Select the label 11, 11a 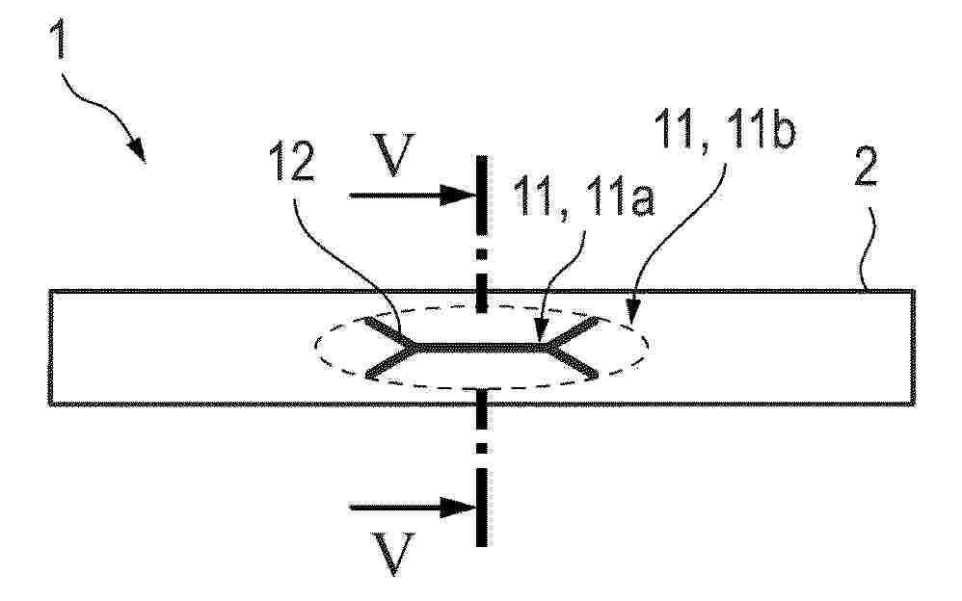tap(584, 196)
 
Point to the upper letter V tap(393, 154)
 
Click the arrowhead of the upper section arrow tap(460, 196)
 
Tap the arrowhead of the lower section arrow tap(460, 508)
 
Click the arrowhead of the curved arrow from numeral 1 tap(137, 150)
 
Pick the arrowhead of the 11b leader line tap(632, 306)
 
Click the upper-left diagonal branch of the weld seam tap(390, 333)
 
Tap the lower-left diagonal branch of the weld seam tap(390, 362)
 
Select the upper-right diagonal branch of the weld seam tap(571, 333)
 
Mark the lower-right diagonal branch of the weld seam tap(571, 362)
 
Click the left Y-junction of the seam tap(414, 348)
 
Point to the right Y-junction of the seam tap(546, 348)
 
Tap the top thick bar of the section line tap(482, 195)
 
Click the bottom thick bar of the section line tap(482, 508)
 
